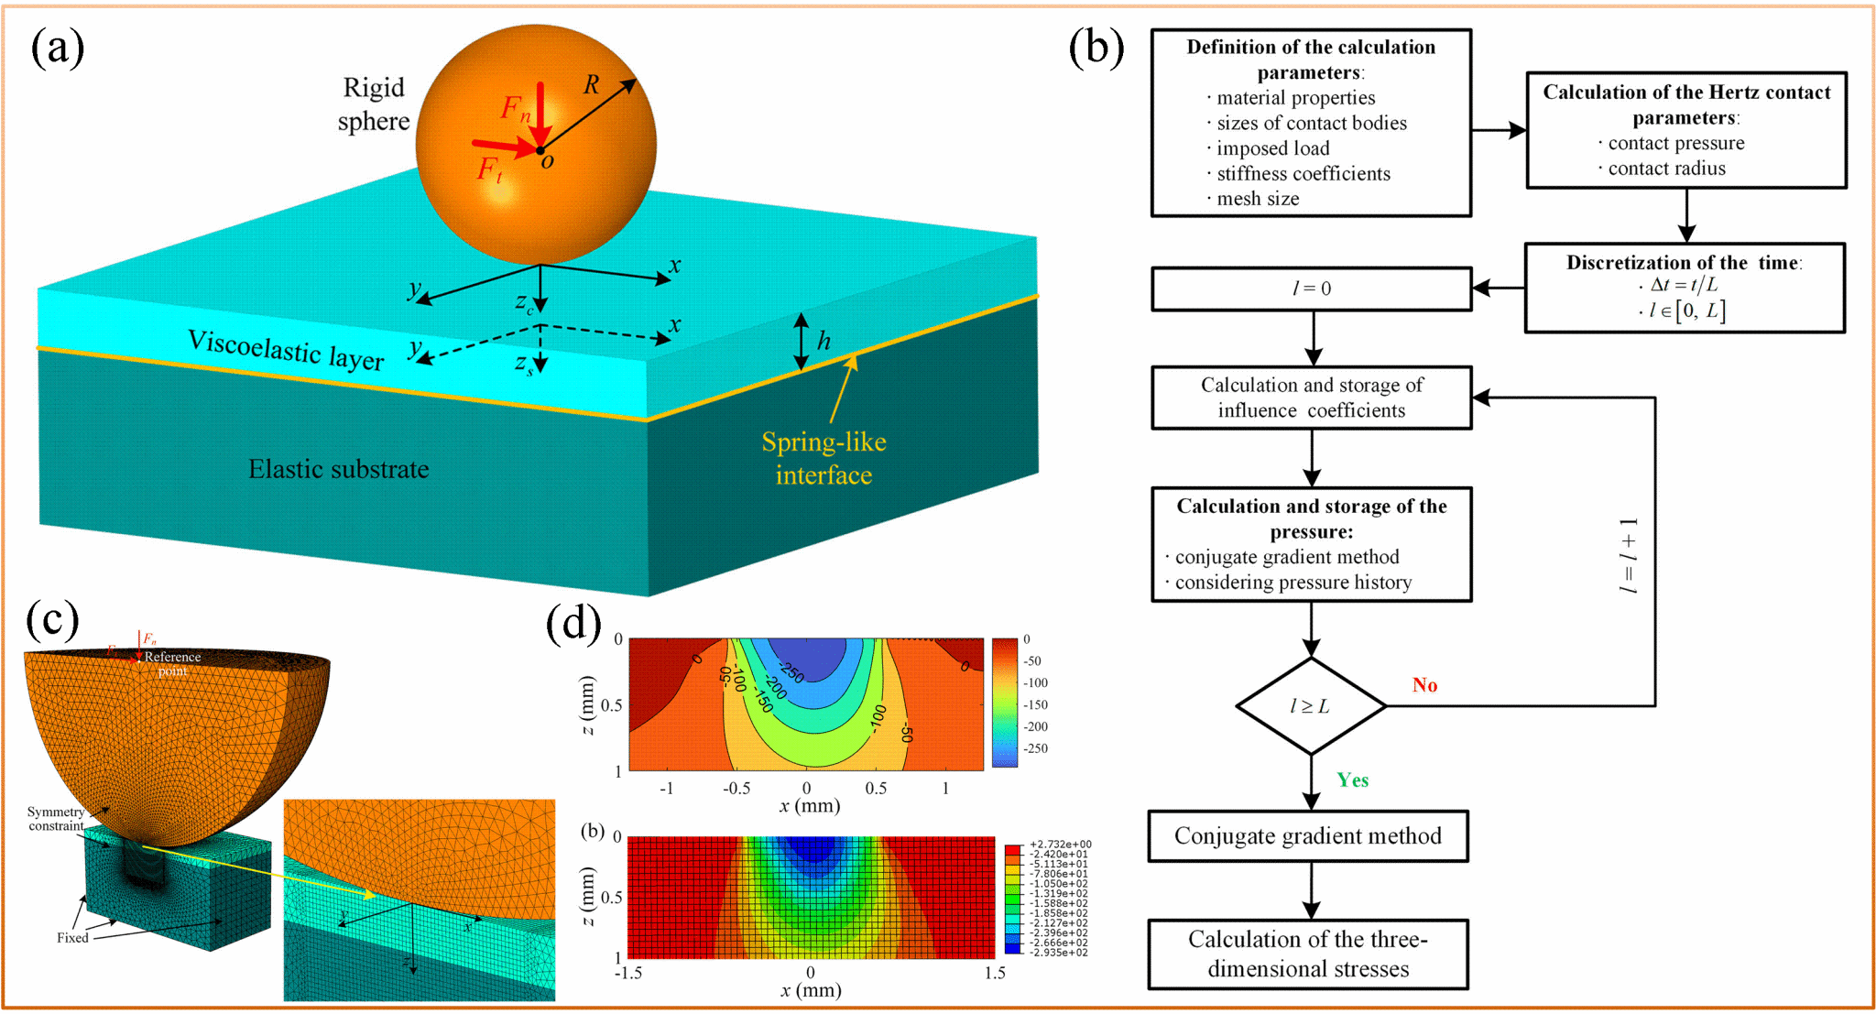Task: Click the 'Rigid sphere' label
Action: click(374, 104)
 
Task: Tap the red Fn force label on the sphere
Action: click(515, 109)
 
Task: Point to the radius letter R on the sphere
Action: click(592, 85)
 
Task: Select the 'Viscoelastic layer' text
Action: click(286, 350)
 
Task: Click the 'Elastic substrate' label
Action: click(339, 470)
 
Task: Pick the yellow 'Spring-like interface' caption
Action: click(823, 458)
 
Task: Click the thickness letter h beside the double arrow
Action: click(824, 342)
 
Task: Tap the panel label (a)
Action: click(57, 48)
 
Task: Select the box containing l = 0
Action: click(1311, 289)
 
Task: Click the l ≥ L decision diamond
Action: click(1311, 706)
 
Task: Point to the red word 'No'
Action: click(1424, 685)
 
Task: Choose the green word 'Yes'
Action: click(1352, 780)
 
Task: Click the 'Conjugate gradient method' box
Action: click(1308, 836)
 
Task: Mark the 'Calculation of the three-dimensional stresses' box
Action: click(1308, 954)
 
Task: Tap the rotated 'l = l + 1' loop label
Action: click(1628, 555)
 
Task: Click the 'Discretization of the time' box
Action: click(1685, 288)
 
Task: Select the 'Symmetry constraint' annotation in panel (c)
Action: click(56, 819)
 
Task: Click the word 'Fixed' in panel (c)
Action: click(72, 938)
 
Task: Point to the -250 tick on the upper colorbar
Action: click(1035, 748)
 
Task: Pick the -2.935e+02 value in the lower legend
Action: click(1059, 953)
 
